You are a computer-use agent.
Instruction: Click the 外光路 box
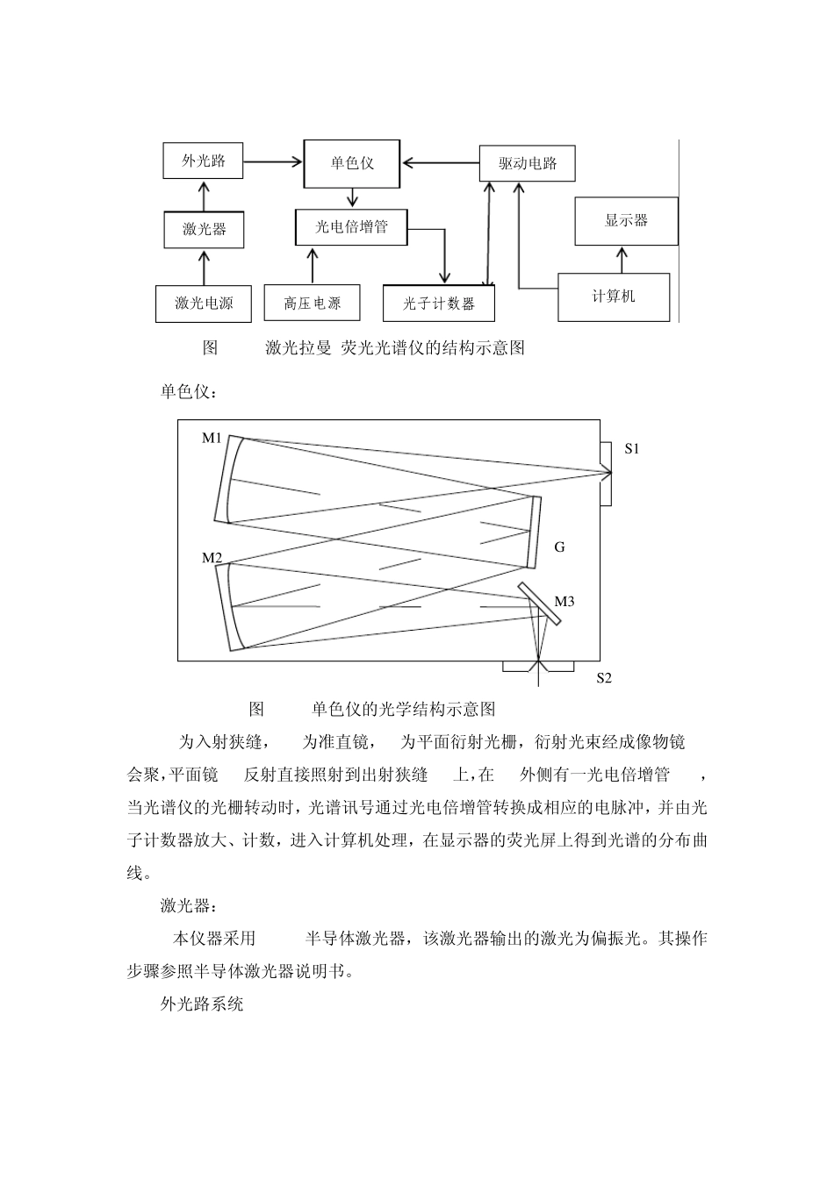click(203, 161)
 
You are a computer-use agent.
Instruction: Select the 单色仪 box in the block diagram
click(352, 163)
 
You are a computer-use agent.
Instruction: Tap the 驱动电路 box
click(528, 163)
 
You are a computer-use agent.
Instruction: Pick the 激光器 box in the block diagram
click(204, 230)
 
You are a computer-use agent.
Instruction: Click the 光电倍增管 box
click(351, 227)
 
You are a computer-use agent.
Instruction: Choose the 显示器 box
click(626, 220)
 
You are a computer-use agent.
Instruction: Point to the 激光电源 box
click(204, 304)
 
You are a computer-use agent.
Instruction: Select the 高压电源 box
click(312, 304)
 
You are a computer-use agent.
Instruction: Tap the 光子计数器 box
click(439, 304)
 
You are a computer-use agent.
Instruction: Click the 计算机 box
click(614, 297)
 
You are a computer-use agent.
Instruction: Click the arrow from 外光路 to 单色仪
click(272, 161)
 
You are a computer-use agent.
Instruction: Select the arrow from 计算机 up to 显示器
click(622, 259)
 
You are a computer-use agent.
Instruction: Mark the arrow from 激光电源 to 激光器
click(205, 267)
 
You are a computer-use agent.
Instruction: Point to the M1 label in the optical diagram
click(212, 438)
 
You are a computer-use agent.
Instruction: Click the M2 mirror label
click(212, 557)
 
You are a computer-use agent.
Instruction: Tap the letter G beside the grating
click(559, 547)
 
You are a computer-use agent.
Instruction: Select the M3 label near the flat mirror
click(564, 602)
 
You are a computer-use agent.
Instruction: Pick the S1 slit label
click(632, 448)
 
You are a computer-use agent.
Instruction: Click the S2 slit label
click(604, 677)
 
